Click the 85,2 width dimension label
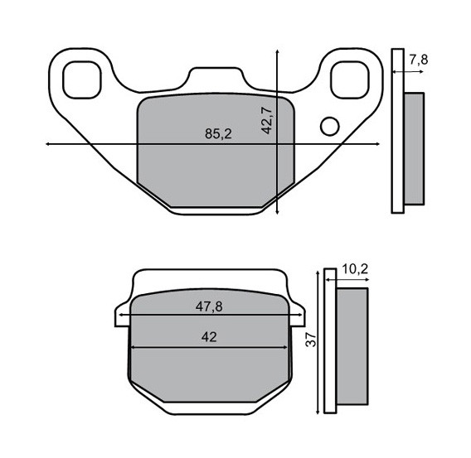(218, 133)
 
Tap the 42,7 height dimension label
(266, 120)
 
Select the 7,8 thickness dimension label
(419, 60)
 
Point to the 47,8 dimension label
(209, 306)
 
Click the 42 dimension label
(209, 337)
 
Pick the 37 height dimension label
(311, 340)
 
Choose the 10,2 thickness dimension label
(355, 269)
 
